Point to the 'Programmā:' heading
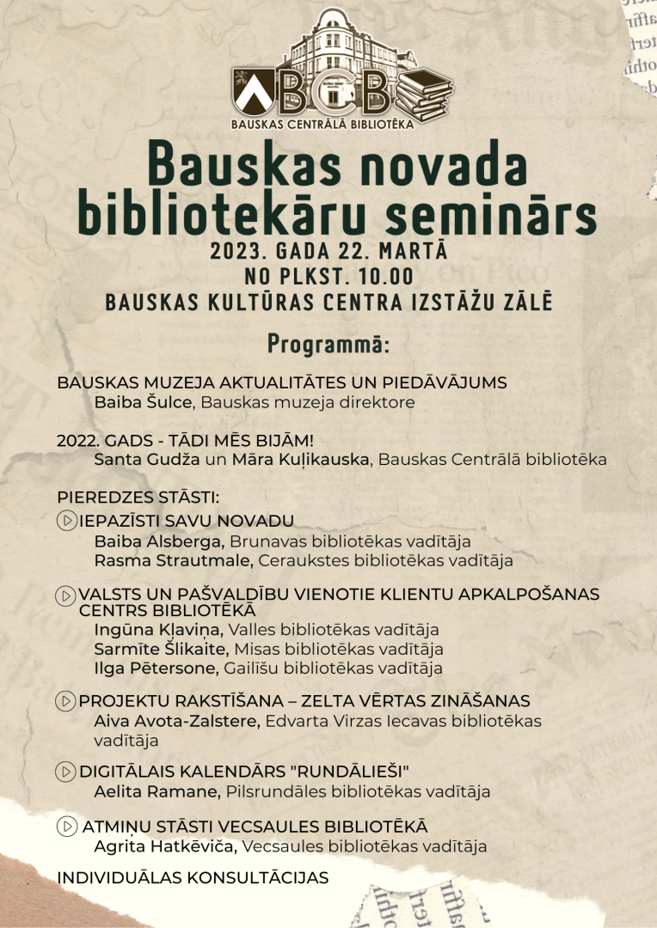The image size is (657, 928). pyautogui.click(x=328, y=343)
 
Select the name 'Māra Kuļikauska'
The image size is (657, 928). pyautogui.click(x=300, y=459)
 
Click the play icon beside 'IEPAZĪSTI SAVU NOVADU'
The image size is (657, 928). pyautogui.click(x=66, y=521)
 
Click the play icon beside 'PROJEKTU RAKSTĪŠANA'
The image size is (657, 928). pyautogui.click(x=66, y=701)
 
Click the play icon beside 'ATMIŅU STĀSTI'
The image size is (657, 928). pyautogui.click(x=66, y=827)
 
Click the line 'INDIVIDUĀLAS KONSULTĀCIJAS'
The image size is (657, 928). pyautogui.click(x=193, y=877)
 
